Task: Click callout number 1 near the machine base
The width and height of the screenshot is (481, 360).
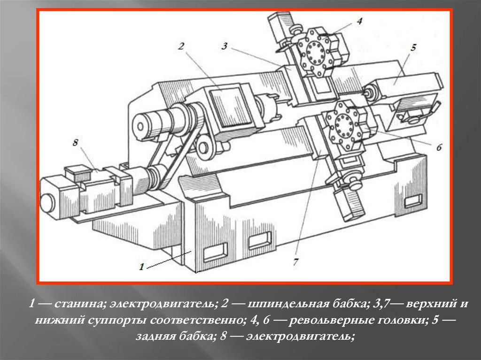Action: click(141, 267)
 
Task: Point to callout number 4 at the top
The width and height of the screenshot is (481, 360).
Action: click(359, 21)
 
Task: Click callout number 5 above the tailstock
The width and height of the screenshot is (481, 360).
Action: click(413, 47)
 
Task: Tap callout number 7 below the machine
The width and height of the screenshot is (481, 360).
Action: click(296, 262)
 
